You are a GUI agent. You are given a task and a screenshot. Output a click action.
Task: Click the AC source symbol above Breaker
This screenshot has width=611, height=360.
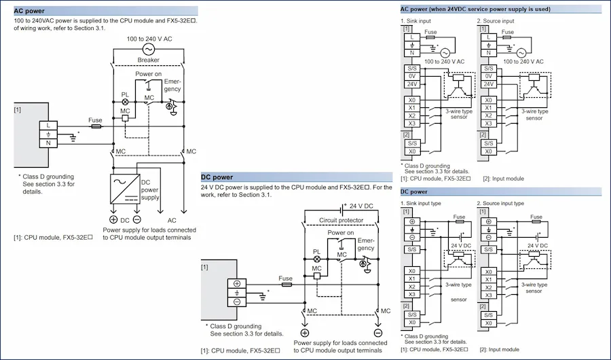149,49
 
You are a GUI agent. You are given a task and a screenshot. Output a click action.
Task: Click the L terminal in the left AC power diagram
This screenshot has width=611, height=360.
48,126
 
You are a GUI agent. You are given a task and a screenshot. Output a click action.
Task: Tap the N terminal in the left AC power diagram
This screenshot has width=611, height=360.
48,143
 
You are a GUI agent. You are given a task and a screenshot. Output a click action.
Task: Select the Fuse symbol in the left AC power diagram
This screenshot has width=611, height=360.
96,126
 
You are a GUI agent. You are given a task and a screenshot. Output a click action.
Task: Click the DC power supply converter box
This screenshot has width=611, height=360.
125,189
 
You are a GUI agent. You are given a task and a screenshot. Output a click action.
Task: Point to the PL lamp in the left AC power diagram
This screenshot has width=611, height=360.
125,102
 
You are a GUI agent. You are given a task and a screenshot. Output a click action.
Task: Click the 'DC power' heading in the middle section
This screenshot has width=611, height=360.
217,177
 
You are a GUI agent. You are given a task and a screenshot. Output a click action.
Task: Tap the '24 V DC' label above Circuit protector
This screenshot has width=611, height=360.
361,206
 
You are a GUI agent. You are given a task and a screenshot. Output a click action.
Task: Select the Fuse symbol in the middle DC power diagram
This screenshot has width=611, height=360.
286,285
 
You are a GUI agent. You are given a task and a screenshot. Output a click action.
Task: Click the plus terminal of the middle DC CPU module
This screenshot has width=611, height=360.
237,283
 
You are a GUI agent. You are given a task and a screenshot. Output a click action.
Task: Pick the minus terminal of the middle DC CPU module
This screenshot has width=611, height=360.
237,302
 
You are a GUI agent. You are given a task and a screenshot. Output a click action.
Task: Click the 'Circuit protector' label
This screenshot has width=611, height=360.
341,220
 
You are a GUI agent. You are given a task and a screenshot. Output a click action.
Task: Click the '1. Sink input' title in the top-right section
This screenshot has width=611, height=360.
415,21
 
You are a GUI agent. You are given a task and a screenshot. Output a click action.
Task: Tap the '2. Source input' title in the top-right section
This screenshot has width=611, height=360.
496,21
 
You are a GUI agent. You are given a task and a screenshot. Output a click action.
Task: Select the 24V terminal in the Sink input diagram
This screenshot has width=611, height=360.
412,84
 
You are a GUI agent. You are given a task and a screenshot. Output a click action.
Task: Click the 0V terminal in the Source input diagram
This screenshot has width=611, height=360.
489,77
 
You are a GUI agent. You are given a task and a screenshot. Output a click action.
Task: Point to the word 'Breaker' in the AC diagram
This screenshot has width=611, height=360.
149,60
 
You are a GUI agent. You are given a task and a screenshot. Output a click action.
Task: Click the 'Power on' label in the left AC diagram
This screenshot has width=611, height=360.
149,74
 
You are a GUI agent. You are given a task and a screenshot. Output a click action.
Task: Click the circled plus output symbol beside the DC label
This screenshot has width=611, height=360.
113,219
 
